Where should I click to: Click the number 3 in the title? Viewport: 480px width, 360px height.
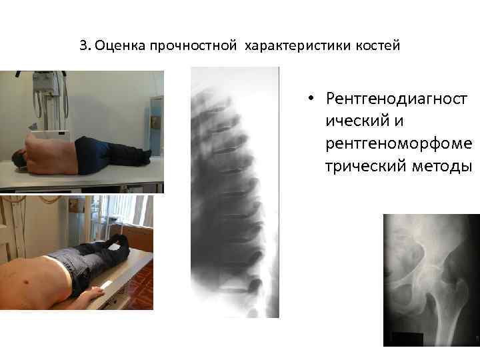tap(82, 46)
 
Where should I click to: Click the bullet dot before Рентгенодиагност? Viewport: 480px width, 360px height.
tap(311, 100)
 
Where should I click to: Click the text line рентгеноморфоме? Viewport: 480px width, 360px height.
tap(397, 144)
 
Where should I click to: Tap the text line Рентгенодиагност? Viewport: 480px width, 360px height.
tap(397, 100)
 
